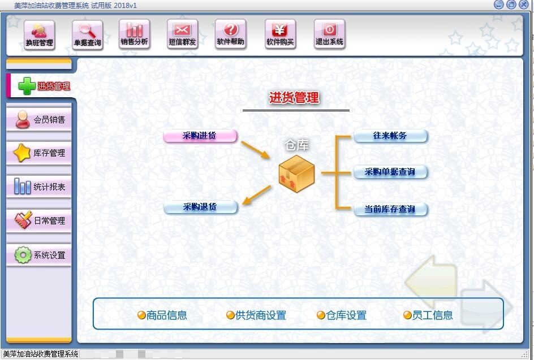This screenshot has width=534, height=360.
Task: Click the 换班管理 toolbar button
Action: (39, 35)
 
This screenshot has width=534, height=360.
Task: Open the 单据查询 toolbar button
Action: (87, 35)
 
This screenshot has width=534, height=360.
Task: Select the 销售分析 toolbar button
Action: (135, 35)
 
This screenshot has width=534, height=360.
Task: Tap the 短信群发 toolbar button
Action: (182, 35)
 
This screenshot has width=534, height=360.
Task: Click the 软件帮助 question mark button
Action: (230, 35)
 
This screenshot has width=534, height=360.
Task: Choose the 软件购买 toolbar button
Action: (280, 35)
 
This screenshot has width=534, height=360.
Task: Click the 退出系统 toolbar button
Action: (329, 35)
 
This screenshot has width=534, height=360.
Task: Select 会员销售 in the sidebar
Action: (39, 120)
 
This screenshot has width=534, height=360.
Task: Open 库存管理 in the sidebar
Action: (39, 153)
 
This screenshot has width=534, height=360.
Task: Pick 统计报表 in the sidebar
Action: (39, 186)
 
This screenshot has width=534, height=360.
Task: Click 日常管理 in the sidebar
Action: (39, 220)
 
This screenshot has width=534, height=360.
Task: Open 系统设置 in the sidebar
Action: (39, 255)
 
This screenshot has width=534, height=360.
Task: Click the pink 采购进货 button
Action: (200, 136)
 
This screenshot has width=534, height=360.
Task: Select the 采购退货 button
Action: (200, 207)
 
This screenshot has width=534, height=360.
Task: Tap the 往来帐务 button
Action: (390, 136)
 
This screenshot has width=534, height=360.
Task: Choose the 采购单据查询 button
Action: (390, 172)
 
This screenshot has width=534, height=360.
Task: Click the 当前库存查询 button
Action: (390, 209)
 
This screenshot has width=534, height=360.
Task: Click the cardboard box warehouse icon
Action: (296, 173)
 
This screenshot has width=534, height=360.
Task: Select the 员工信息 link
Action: (428, 315)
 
